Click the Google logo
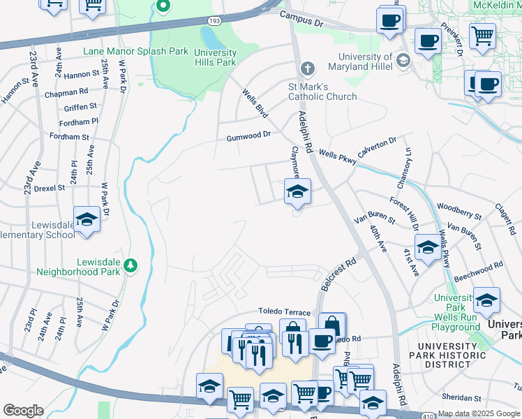(23, 411)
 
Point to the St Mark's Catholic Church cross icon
(306, 68)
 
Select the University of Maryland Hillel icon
(403, 61)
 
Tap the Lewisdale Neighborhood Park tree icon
(130, 265)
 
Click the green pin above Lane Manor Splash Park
(164, 8)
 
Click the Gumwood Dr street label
(247, 138)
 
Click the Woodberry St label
(458, 212)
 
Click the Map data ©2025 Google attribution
(479, 413)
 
